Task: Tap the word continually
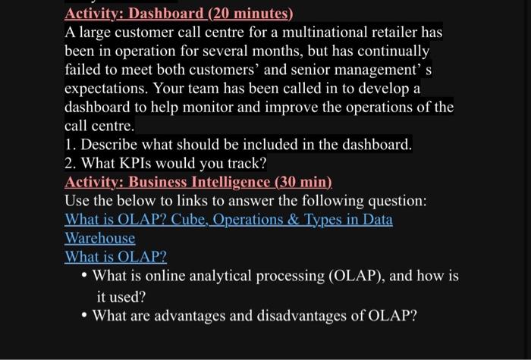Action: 388,52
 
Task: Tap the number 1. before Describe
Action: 71,144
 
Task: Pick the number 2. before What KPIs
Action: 71,163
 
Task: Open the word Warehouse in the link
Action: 100,238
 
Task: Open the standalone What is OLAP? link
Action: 115,257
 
